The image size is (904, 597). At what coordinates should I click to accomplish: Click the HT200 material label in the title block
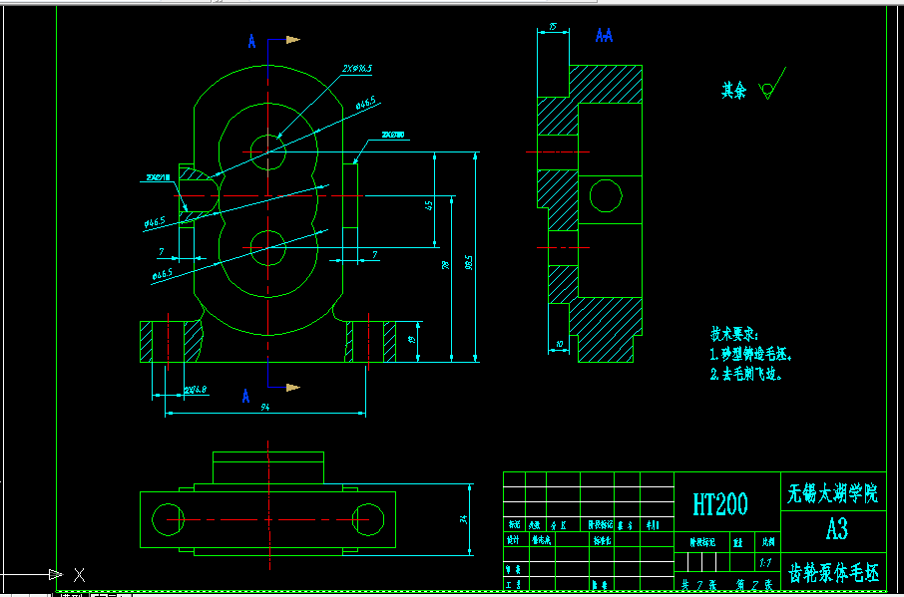pyautogui.click(x=720, y=504)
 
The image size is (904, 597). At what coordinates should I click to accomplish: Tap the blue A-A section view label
pyautogui.click(x=604, y=35)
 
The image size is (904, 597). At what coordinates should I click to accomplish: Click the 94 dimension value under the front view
pyautogui.click(x=265, y=407)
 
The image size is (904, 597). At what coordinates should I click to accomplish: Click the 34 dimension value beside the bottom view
pyautogui.click(x=464, y=518)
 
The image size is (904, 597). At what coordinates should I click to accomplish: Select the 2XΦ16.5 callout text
pyautogui.click(x=356, y=69)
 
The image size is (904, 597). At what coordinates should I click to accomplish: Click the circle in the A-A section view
pyautogui.click(x=605, y=194)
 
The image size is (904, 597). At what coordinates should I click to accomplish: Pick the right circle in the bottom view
pyautogui.click(x=369, y=518)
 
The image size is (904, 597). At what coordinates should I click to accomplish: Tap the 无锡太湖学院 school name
pyautogui.click(x=833, y=492)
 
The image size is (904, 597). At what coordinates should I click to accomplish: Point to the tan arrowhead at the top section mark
pyautogui.click(x=293, y=40)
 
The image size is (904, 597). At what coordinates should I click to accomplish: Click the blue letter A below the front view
pyautogui.click(x=245, y=396)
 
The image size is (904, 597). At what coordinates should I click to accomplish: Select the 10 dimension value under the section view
pyautogui.click(x=559, y=343)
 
